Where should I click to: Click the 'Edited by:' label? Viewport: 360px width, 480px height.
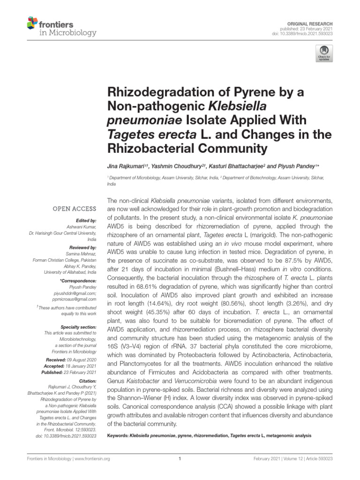click(x=86, y=220)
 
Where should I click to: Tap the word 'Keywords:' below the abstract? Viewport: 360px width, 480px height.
click(x=120, y=435)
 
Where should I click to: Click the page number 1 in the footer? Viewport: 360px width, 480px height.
click(x=180, y=459)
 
